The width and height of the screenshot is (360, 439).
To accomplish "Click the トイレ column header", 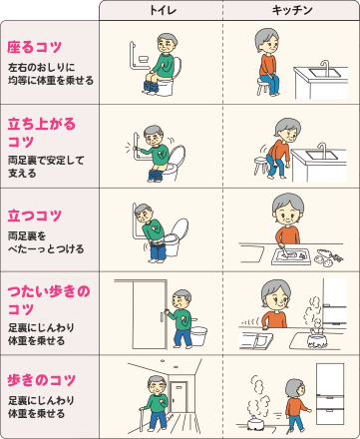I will coord(160,9).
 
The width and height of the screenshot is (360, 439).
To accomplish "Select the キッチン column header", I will coord(289,9).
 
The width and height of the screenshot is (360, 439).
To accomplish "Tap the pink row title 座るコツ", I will coord(35,47).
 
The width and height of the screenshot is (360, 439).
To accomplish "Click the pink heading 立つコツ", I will coord(35,216).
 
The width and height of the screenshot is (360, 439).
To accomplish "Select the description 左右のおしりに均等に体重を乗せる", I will coord(50,73).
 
